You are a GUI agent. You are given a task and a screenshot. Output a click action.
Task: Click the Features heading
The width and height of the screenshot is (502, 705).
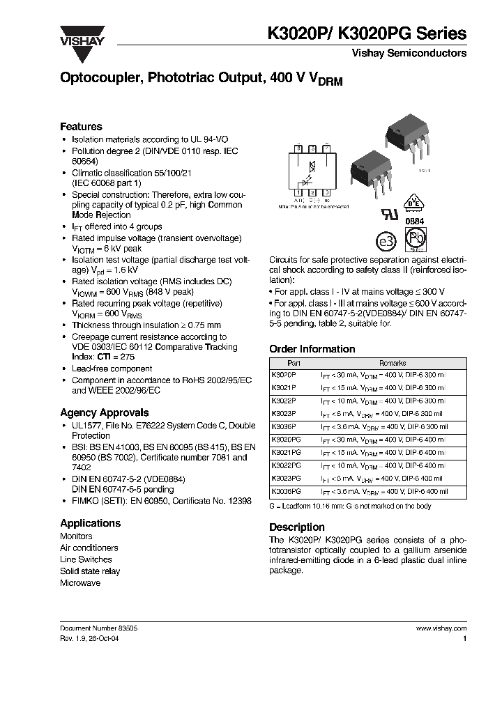pos(81,127)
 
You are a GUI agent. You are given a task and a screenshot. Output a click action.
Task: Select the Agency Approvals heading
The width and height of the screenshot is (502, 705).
pos(104,412)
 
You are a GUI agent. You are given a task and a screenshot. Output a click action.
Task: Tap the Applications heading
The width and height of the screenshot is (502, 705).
pos(90,523)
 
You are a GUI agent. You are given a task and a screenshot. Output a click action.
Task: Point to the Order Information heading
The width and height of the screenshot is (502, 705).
pos(312,349)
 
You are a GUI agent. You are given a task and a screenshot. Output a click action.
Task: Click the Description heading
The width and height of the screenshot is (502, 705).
pos(296,527)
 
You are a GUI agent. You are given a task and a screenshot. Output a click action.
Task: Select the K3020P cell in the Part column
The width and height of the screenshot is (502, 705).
pos(283,374)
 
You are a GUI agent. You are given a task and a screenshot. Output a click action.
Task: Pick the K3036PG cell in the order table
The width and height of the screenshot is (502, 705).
pos(286,491)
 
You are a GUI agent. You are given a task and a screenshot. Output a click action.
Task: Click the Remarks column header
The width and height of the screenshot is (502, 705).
pos(392,363)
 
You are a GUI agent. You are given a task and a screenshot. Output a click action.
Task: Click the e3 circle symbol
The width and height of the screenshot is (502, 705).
pos(386,241)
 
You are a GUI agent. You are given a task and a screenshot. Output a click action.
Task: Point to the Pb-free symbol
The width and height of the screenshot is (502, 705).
pos(417,239)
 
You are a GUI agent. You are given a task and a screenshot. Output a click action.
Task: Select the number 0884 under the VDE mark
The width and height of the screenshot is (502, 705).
pos(414,220)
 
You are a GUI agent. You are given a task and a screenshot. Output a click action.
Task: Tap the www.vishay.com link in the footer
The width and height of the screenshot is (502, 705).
pos(441,628)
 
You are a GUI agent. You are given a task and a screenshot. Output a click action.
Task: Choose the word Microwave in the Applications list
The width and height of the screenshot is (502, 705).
pos(80,583)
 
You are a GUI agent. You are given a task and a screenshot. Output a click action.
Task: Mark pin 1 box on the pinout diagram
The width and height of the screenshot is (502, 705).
pos(298,192)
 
